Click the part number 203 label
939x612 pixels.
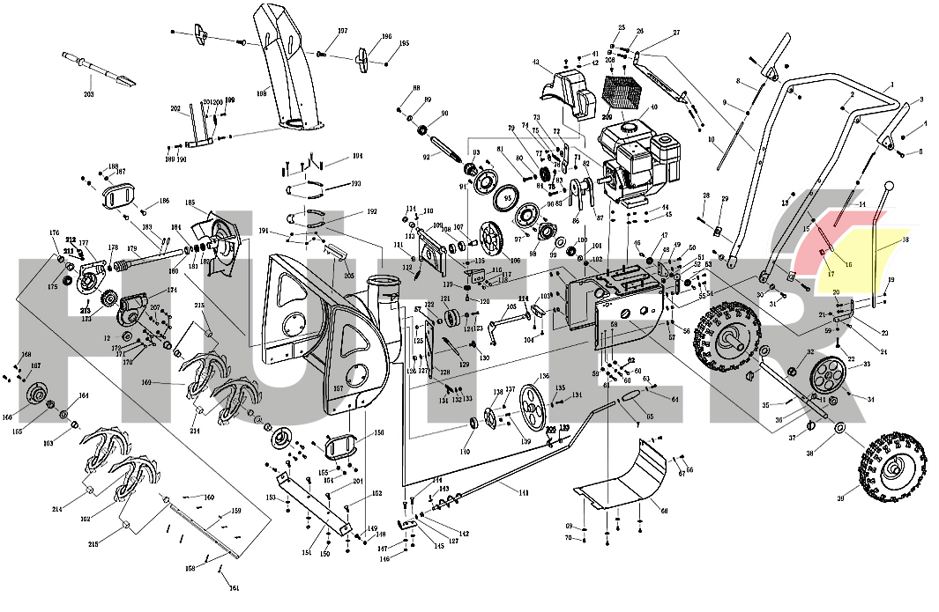(88, 93)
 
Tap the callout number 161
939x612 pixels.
(234, 587)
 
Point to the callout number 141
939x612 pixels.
(524, 493)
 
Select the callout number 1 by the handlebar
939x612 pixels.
(891, 84)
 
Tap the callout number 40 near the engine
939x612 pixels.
(653, 108)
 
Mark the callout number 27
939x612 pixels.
(676, 33)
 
